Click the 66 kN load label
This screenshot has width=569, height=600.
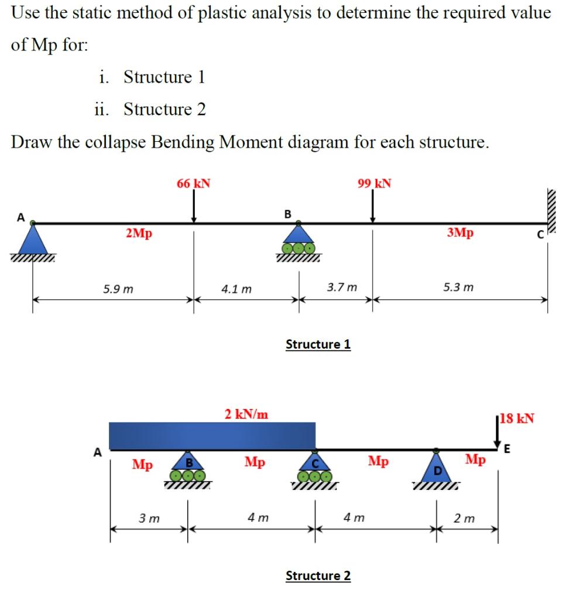tap(194, 183)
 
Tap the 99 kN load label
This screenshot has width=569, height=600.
tap(374, 183)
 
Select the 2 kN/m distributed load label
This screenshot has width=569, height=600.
tap(247, 414)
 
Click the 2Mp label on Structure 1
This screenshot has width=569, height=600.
tap(139, 233)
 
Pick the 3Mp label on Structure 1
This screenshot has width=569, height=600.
tap(460, 233)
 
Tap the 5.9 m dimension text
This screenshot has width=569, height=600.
tap(118, 289)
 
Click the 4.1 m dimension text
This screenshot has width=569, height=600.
tap(236, 289)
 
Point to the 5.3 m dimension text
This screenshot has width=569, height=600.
tap(459, 288)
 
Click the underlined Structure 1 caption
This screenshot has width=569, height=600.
tap(318, 344)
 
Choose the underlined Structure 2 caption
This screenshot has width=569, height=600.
tap(318, 576)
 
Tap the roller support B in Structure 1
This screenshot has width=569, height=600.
tap(299, 240)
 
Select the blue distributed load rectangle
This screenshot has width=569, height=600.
tap(212, 435)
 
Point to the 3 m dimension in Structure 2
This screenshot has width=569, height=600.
tap(149, 519)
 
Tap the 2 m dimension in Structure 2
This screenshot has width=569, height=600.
tap(466, 519)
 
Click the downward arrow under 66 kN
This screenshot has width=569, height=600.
tap(194, 208)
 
